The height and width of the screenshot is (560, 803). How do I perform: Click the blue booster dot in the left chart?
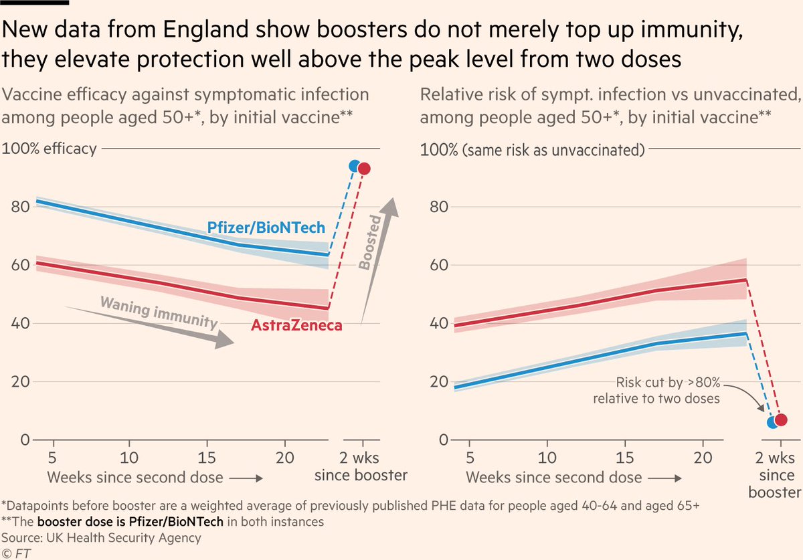[355, 165]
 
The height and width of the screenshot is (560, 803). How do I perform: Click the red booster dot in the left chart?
[364, 169]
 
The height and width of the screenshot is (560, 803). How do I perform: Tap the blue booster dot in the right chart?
[773, 422]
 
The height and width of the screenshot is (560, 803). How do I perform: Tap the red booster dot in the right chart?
[781, 419]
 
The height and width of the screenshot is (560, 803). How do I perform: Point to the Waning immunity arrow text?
[159, 312]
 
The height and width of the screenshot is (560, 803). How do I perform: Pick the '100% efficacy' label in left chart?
[50, 149]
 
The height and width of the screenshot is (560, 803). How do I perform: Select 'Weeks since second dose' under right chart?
[553, 478]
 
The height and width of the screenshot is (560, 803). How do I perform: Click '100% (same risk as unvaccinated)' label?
[532, 149]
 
